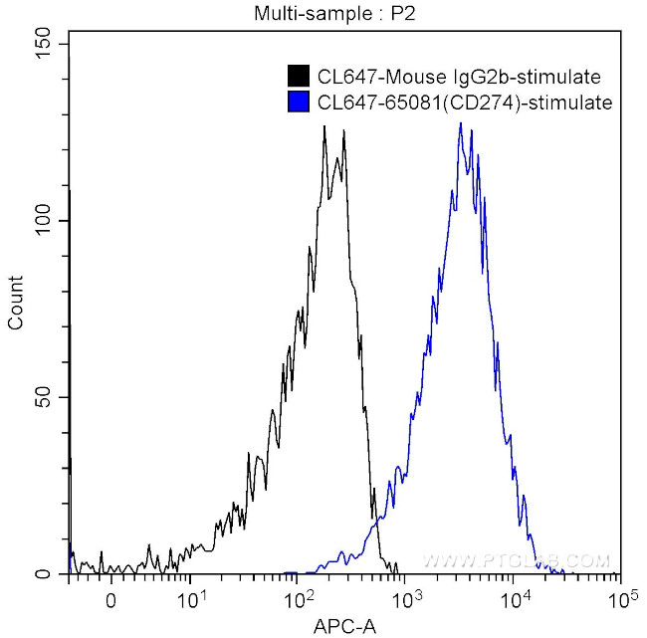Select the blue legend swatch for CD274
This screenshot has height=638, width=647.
[298, 102]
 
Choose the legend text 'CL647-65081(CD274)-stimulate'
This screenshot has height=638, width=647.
[463, 102]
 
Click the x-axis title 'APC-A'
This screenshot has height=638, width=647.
[344, 625]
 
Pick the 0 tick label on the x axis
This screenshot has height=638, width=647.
[110, 600]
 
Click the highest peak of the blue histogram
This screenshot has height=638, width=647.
[460, 123]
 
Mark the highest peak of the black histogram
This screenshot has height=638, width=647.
[324, 127]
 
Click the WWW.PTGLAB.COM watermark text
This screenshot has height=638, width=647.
[516, 561]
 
